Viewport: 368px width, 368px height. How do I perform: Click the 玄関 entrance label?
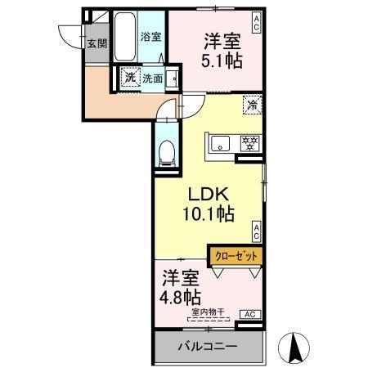pyautogui.click(x=97, y=44)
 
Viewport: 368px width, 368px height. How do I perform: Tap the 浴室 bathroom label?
pyautogui.click(x=150, y=37)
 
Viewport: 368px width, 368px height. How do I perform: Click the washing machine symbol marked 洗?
pyautogui.click(x=129, y=79)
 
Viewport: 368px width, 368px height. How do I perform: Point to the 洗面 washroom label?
pyautogui.click(x=152, y=79)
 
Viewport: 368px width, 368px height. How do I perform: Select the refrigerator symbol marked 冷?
pyautogui.click(x=253, y=105)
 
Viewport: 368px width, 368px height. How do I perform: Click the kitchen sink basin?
pyautogui.click(x=222, y=145)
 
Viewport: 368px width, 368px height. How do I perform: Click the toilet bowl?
pyautogui.click(x=166, y=151)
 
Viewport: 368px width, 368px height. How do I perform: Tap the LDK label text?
pyautogui.click(x=208, y=196)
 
